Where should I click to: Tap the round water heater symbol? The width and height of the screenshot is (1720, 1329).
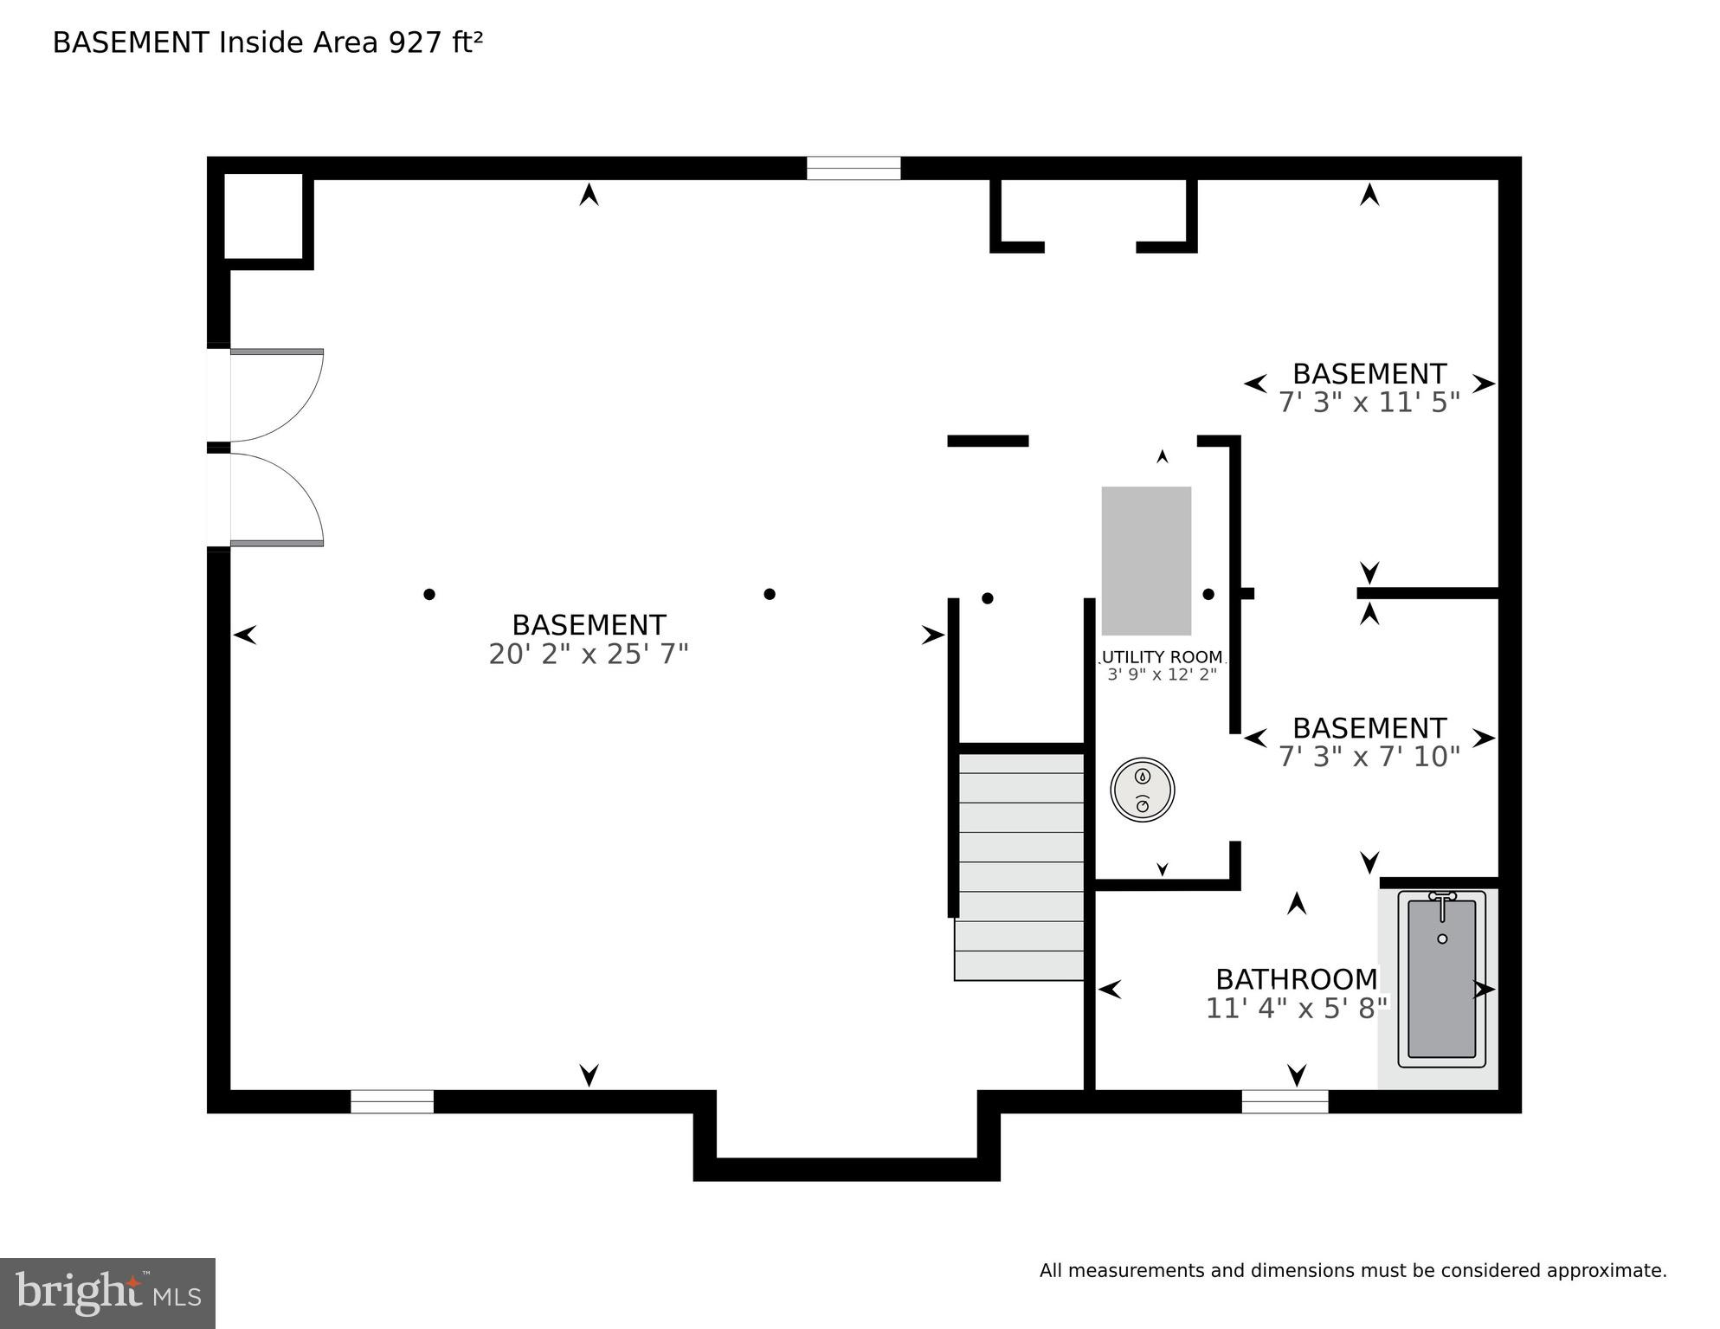(1142, 790)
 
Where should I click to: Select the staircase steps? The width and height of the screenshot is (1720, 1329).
(1021, 866)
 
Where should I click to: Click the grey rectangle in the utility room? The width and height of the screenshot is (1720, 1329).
(1146, 560)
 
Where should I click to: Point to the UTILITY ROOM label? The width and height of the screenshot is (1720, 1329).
(1162, 657)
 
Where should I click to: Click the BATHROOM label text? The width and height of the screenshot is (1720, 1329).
(1296, 979)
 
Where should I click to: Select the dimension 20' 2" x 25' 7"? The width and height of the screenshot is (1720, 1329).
(588, 655)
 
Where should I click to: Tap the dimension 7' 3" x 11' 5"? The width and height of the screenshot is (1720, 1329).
(1369, 403)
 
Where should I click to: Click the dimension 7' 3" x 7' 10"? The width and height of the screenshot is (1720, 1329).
(1369, 757)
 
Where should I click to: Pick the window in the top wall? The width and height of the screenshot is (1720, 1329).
(854, 168)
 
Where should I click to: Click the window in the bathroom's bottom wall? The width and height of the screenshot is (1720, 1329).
(1285, 1101)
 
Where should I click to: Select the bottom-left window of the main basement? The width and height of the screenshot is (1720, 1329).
(391, 1101)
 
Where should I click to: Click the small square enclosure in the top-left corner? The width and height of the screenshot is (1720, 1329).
(263, 216)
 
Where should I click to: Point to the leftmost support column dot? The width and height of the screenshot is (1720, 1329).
(428, 594)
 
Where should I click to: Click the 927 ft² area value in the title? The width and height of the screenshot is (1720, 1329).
(435, 42)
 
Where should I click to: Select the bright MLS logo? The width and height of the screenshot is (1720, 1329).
(107, 1294)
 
